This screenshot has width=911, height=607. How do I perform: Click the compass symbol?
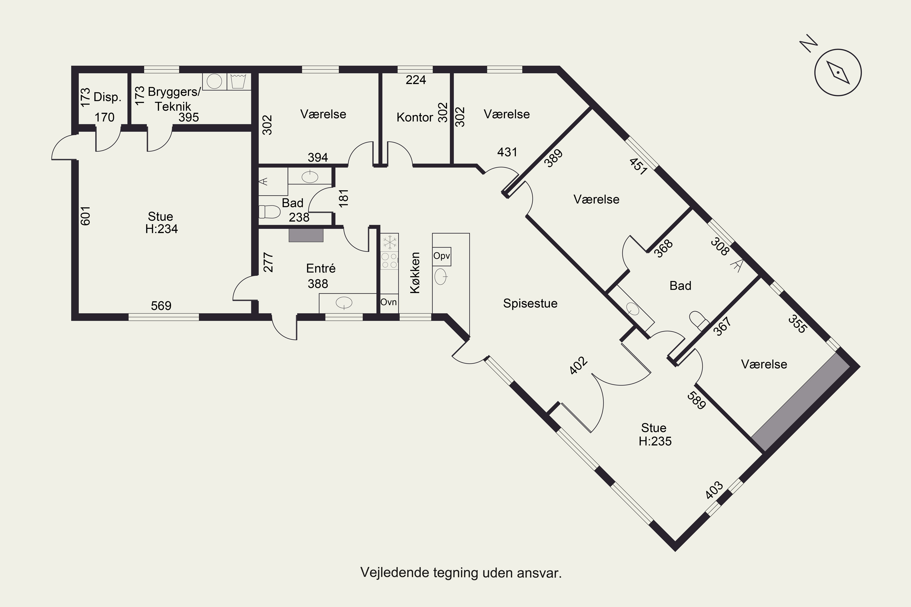pos(838,73)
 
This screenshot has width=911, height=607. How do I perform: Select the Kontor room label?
pos(415,117)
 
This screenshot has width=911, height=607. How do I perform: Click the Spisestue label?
pos(530,303)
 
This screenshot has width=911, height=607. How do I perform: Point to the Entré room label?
pos(321,268)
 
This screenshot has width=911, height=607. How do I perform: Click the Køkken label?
pos(415,273)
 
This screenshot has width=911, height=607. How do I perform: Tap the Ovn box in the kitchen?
pos(388,302)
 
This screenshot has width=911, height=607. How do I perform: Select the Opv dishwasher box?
pos(442,256)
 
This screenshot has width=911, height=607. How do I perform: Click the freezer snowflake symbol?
pos(390,243)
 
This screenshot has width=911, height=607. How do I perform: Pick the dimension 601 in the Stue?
pos(85,215)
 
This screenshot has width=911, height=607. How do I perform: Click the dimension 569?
pos(161,306)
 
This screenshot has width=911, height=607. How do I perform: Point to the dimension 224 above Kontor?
pos(416,80)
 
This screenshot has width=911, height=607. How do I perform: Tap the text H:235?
pos(655,441)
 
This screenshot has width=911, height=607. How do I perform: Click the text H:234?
pos(162,229)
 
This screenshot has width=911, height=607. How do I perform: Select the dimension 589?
pos(696,400)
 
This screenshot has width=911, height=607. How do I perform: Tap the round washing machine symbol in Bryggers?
pos(214,81)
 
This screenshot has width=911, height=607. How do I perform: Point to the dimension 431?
pos(507,152)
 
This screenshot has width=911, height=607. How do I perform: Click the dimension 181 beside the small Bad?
pos(343,198)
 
